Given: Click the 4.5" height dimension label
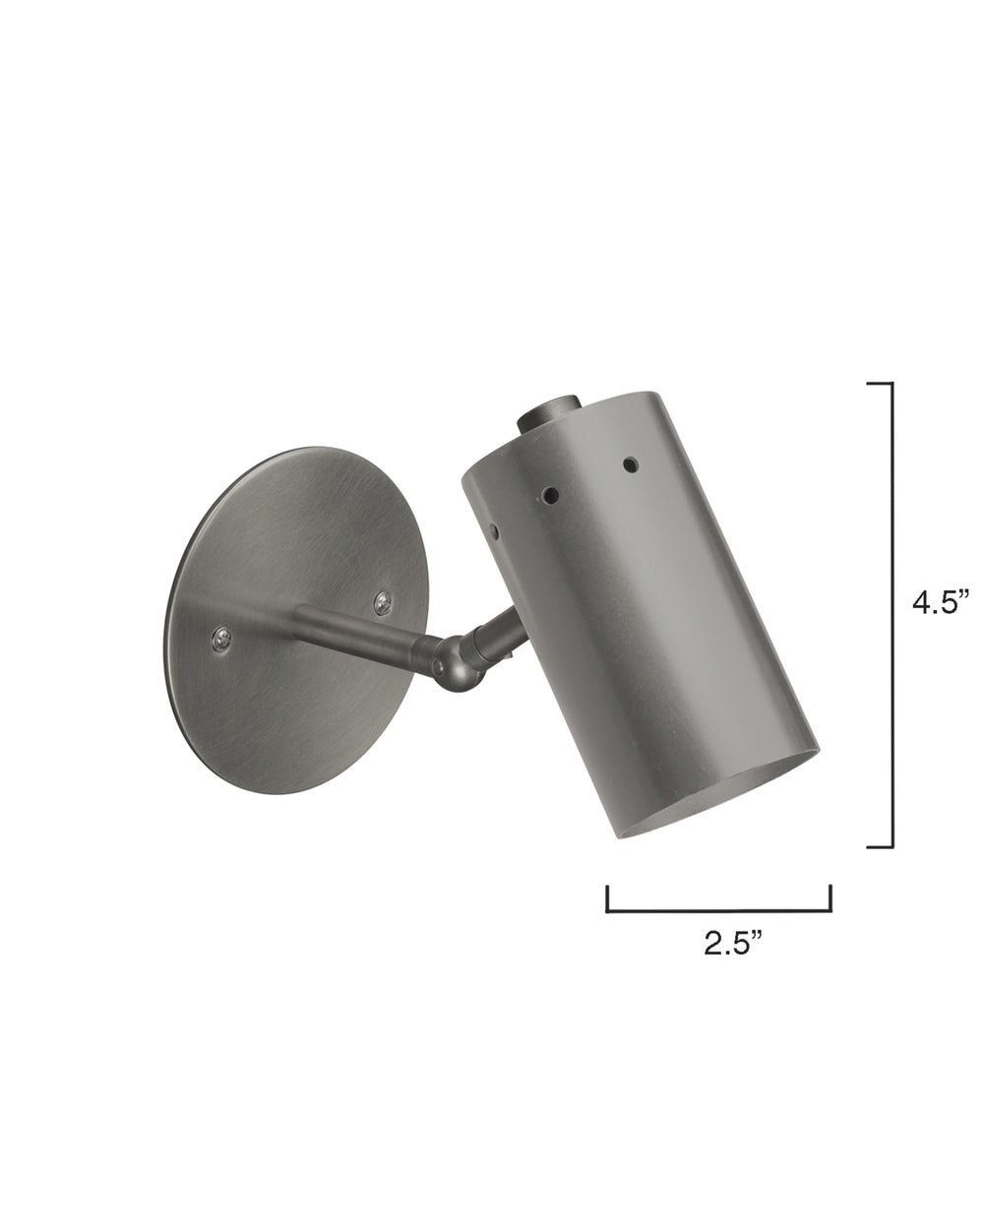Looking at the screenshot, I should point(941,602).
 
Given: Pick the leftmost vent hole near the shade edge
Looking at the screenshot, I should point(495,532).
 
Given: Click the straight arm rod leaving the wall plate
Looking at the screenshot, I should point(354,630).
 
